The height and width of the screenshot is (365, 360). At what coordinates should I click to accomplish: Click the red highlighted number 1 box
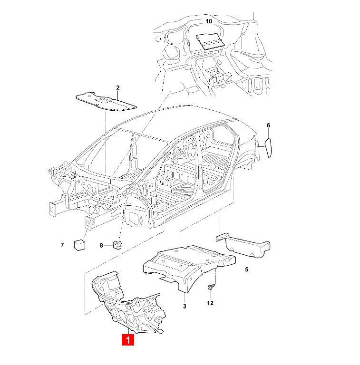(128, 340)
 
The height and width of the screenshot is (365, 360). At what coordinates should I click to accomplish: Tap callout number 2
(118, 88)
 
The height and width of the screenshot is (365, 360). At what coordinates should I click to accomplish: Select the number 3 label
(185, 307)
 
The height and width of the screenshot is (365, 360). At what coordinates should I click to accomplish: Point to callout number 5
(246, 269)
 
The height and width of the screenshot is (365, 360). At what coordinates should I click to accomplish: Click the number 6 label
(268, 125)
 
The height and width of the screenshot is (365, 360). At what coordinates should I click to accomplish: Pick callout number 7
(62, 245)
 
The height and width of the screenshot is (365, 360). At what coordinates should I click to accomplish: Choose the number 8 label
(101, 245)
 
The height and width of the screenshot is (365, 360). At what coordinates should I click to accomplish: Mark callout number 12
(210, 303)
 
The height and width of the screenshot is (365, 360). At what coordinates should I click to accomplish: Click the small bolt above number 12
(211, 287)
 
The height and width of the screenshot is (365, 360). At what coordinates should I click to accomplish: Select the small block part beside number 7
(79, 244)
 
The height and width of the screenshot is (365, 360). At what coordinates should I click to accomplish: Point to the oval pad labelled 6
(268, 146)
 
